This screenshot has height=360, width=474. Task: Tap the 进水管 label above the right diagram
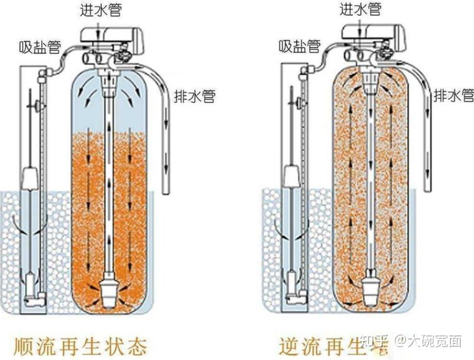[x=360, y=9]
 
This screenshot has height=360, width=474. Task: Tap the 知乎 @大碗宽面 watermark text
[x=411, y=340]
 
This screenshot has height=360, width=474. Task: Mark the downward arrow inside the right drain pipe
[x=428, y=162]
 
